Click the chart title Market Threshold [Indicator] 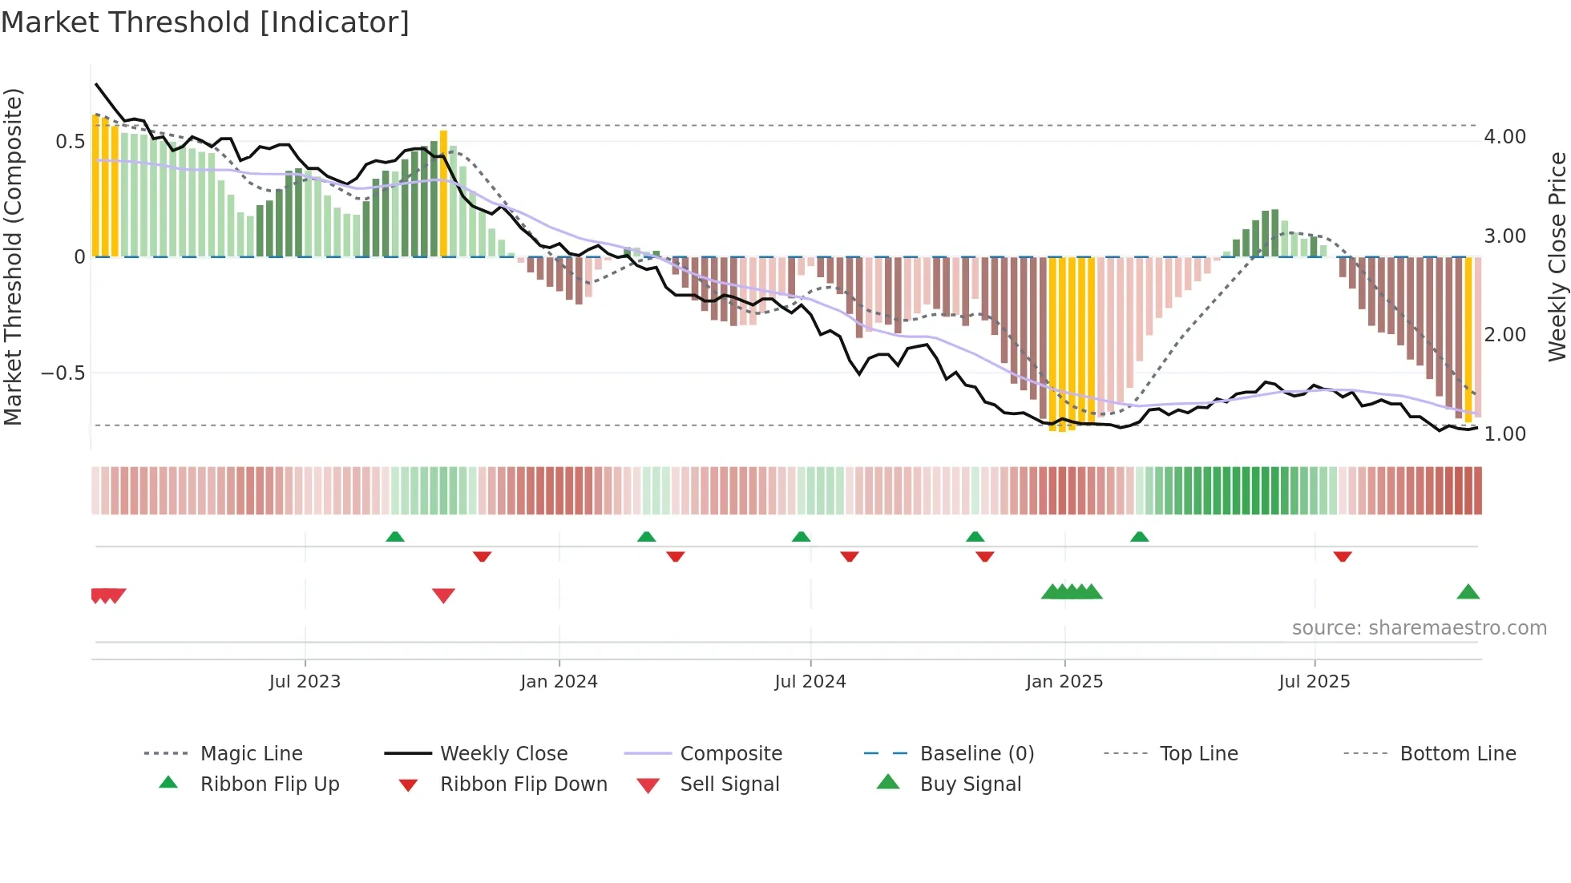click(x=205, y=22)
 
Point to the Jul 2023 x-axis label click(x=305, y=682)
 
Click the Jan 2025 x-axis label click(x=1064, y=682)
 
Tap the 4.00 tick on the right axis click(x=1504, y=137)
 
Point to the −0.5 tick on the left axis click(x=63, y=373)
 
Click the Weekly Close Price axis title click(x=1557, y=256)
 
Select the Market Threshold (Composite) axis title click(x=13, y=256)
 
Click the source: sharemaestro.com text click(x=1419, y=628)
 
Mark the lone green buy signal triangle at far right click(x=1468, y=592)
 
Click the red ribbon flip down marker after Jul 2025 click(x=1343, y=556)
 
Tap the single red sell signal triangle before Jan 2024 click(x=443, y=595)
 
